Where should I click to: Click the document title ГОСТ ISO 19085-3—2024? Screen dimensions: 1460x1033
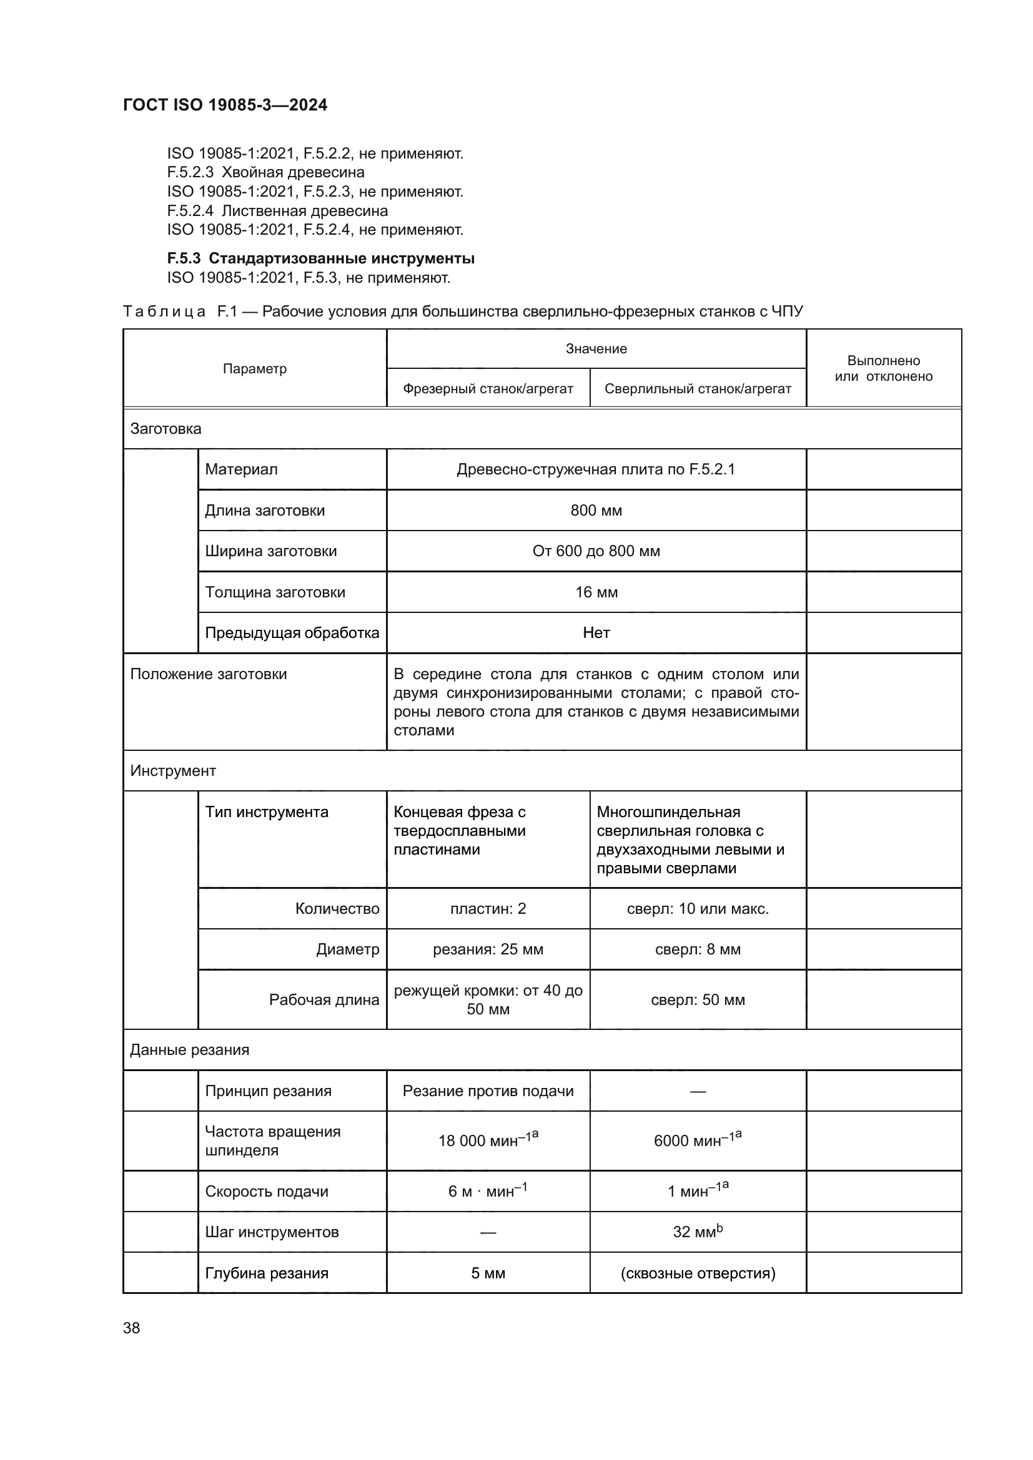pos(225,105)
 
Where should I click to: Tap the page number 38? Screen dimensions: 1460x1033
pos(132,1328)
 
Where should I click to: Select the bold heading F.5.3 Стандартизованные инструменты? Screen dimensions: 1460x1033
pos(320,258)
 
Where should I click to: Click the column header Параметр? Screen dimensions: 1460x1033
pos(254,369)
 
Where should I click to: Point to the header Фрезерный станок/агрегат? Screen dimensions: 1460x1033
pos(488,388)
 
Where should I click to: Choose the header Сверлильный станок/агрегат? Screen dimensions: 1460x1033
pos(698,388)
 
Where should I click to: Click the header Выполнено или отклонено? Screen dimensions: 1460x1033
pos(884,368)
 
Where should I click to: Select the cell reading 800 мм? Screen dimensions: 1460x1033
pos(596,511)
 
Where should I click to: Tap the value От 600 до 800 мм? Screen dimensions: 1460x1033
pos(596,551)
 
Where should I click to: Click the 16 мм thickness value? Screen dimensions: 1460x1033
pos(596,592)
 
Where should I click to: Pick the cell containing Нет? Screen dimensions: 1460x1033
pos(596,633)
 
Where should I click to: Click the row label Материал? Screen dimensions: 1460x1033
pos(241,469)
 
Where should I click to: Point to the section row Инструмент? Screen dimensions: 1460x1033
pos(173,771)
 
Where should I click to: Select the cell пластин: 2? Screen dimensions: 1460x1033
pos(488,909)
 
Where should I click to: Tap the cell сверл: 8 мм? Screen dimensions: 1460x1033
pos(698,949)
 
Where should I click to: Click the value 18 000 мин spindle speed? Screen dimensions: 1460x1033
pos(488,1140)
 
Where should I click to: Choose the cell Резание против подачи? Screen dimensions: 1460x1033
pos(488,1091)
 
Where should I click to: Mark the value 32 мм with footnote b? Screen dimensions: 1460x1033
pos(698,1232)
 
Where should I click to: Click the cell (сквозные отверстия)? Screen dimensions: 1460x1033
pos(698,1273)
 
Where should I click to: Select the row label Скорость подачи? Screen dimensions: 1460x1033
pos(267,1192)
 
